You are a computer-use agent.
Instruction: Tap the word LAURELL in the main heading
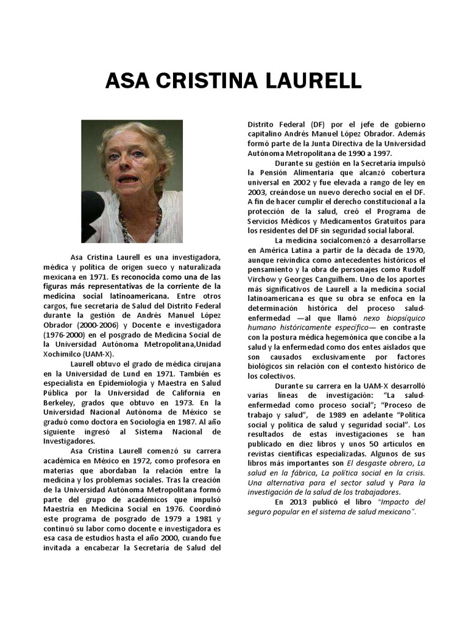[x=314, y=80]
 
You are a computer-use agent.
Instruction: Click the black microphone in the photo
[x=92, y=213]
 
